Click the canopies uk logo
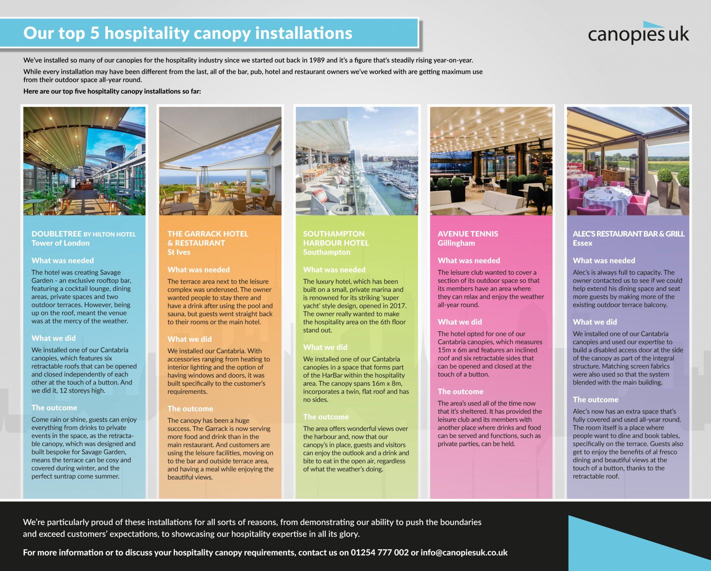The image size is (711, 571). pyautogui.click(x=638, y=34)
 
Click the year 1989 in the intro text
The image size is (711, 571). pyautogui.click(x=317, y=60)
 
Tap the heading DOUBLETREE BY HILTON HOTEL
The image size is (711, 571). pyautogui.click(x=83, y=234)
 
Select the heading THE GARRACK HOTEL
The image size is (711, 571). pyautogui.click(x=208, y=234)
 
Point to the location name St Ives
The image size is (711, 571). pyautogui.click(x=179, y=252)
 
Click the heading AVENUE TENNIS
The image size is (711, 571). pyautogui.click(x=468, y=234)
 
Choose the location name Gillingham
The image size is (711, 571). pyautogui.click(x=456, y=243)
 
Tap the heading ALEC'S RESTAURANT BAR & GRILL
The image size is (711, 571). pyautogui.click(x=628, y=234)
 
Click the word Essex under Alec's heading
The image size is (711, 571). pyautogui.click(x=583, y=243)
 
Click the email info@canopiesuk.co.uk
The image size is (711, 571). pyautogui.click(x=464, y=553)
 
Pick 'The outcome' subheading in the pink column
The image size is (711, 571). pyautogui.click(x=460, y=392)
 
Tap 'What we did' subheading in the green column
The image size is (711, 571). pyautogui.click(x=325, y=347)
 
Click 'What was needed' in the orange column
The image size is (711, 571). pyautogui.click(x=199, y=270)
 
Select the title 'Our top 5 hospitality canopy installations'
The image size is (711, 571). pyautogui.click(x=187, y=33)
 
